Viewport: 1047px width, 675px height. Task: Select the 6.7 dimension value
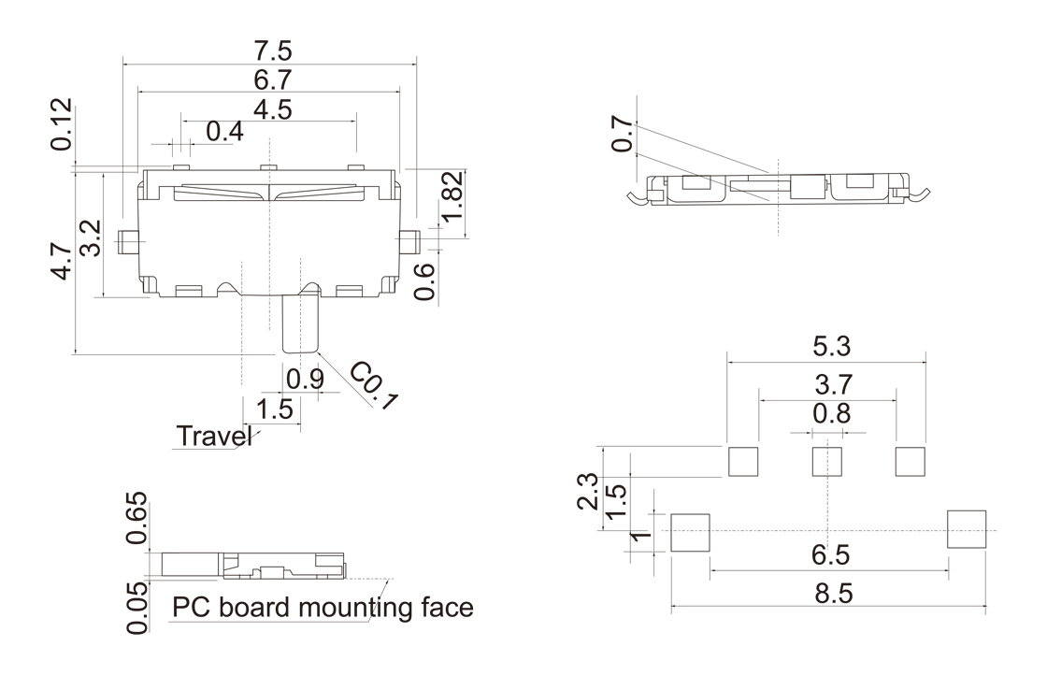click(269, 79)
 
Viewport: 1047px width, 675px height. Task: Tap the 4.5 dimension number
click(269, 109)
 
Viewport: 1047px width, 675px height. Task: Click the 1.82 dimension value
click(452, 198)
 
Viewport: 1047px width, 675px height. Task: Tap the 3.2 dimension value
click(91, 238)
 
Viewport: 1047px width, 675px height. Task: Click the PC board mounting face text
click(323, 609)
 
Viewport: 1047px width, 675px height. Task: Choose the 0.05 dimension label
click(137, 608)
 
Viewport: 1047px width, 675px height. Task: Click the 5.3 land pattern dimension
click(826, 347)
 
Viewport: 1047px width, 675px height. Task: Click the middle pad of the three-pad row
click(826, 461)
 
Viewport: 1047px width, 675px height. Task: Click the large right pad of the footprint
click(967, 529)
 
